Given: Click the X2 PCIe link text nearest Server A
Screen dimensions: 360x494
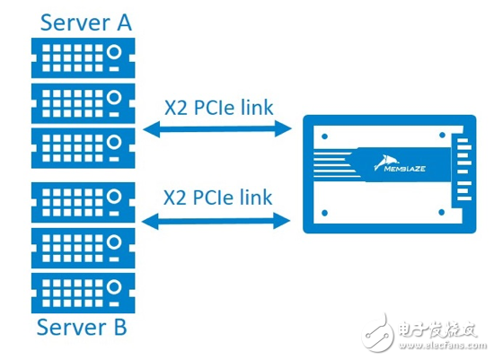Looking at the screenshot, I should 219,108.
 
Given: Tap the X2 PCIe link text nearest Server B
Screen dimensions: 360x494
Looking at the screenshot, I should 219,196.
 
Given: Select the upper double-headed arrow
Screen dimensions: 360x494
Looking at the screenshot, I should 218,131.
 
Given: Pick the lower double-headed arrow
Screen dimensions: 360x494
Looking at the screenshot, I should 218,219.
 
